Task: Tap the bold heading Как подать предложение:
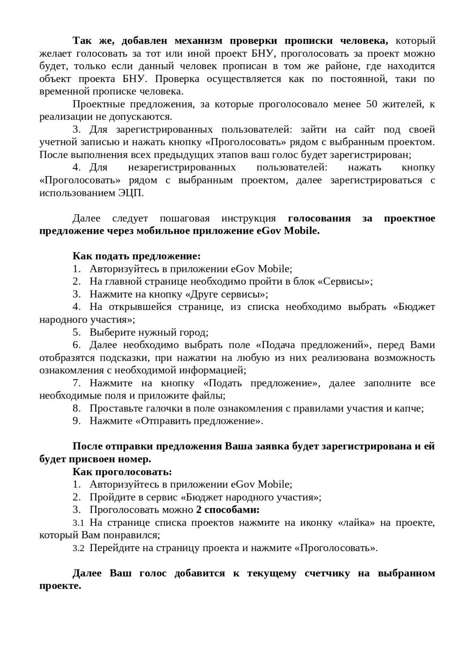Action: [x=137, y=256]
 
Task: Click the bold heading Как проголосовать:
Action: [x=122, y=472]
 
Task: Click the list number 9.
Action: [x=76, y=421]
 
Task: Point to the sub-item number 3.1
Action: [x=78, y=523]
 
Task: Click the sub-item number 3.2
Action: [x=78, y=548]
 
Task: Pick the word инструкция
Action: [x=248, y=218]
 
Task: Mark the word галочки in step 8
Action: [x=155, y=408]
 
